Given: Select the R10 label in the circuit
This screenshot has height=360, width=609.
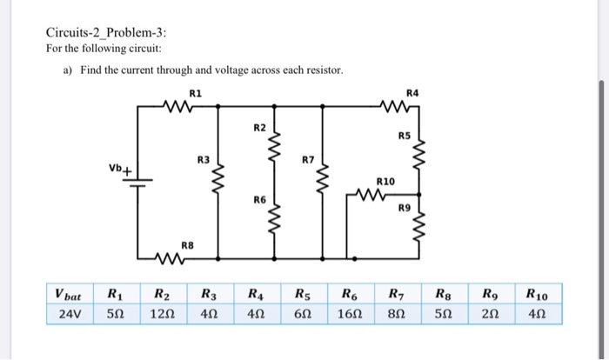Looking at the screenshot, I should pos(385,182).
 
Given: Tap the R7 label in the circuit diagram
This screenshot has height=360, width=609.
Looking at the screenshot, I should pos(307,161).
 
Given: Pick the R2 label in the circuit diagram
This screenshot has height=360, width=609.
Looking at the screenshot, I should pos(259,128).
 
